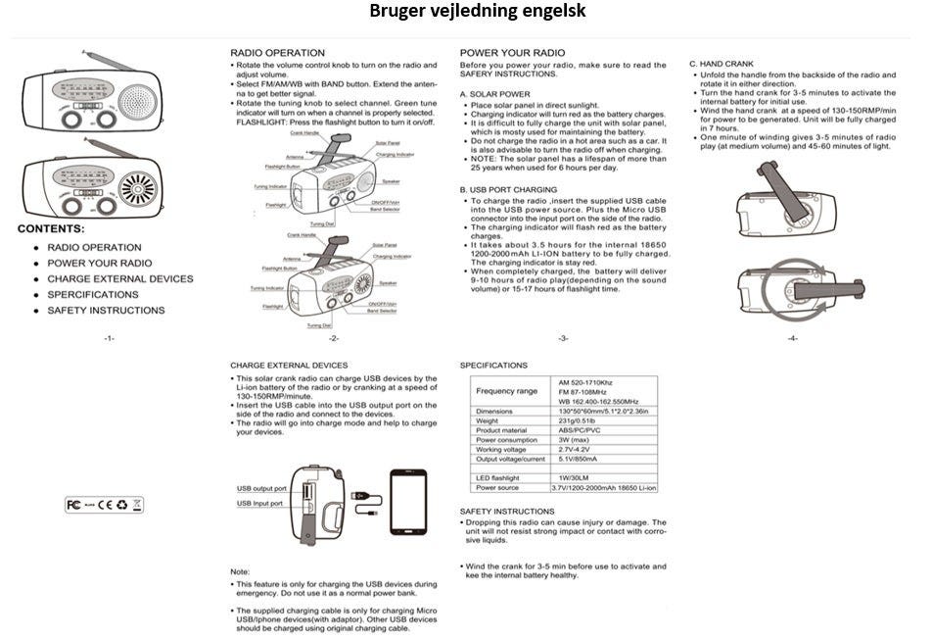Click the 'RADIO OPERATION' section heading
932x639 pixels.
click(x=277, y=52)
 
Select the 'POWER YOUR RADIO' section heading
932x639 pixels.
click(x=512, y=52)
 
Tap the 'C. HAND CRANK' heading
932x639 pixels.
click(x=722, y=63)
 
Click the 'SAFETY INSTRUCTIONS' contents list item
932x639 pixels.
click(x=106, y=311)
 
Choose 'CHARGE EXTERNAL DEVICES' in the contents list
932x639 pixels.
click(x=120, y=279)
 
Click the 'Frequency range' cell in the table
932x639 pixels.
click(x=507, y=391)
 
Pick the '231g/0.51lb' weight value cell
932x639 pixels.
click(x=578, y=420)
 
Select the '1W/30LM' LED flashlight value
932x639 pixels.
click(x=573, y=477)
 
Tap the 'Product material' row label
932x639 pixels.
click(x=501, y=430)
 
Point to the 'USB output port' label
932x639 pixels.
click(x=261, y=488)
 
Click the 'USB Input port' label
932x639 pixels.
click(x=259, y=503)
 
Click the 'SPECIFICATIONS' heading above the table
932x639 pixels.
click(x=493, y=366)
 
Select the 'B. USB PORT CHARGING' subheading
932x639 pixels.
click(x=508, y=189)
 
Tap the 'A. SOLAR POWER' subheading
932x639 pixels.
click(x=494, y=94)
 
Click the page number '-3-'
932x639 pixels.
click(x=563, y=339)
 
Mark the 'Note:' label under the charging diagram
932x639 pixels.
click(x=240, y=570)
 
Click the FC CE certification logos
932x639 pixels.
click(x=104, y=505)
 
